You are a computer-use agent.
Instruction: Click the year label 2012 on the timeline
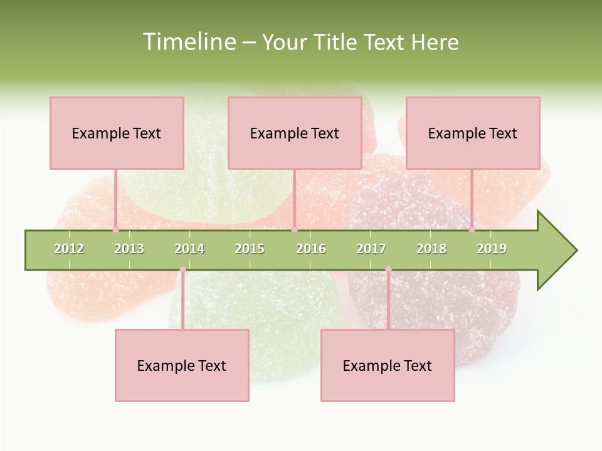[69, 249]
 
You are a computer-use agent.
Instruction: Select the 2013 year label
[129, 249]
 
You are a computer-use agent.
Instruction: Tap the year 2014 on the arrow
[189, 249]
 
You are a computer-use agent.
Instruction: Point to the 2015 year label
[250, 249]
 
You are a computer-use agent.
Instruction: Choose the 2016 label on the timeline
[311, 249]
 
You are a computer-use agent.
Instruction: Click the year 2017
[371, 249]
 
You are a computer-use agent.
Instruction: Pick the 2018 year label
[431, 249]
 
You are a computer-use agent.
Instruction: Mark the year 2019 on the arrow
[492, 249]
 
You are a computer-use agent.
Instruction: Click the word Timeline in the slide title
[188, 42]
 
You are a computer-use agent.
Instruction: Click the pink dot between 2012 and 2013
[115, 230]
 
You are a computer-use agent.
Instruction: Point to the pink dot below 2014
[182, 269]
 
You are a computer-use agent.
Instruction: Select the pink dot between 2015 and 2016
[294, 230]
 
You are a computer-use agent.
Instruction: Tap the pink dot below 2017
[388, 269]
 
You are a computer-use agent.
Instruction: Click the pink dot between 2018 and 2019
[472, 230]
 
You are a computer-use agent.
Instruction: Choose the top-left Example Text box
[117, 133]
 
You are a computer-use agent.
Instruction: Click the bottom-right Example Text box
[388, 365]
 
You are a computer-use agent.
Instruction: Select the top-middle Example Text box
[295, 133]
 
